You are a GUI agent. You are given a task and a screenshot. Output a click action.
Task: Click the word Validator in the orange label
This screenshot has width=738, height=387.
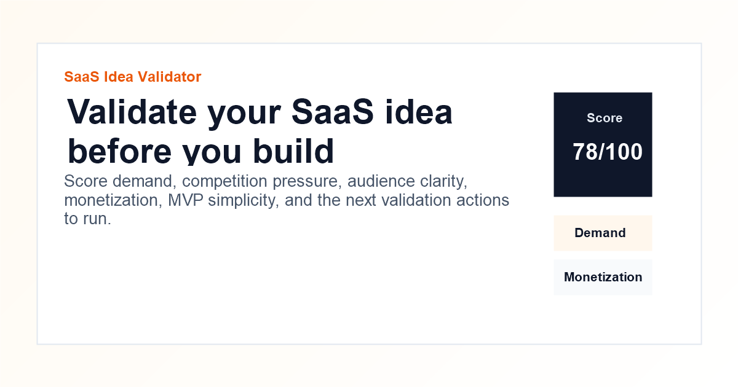[169, 77]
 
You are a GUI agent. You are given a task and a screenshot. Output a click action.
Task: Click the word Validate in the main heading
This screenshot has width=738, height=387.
[132, 112]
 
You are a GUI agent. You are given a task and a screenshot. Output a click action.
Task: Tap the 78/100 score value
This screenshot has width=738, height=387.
[608, 152]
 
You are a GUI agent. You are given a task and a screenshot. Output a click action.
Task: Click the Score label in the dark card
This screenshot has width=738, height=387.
[604, 118]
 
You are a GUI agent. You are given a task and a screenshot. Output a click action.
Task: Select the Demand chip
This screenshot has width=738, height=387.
[600, 233]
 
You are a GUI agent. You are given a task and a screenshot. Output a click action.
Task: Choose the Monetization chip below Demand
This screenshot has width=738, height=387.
[603, 277]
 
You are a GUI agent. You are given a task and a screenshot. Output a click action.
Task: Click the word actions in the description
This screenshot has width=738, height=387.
[485, 200]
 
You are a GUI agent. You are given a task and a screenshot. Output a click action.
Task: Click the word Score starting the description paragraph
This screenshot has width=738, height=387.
[85, 182]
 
